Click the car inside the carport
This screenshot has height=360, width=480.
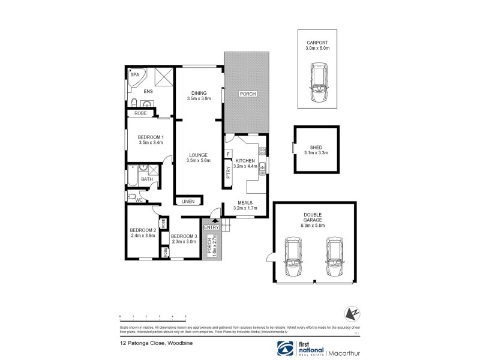click(x=317, y=84)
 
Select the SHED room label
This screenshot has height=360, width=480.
click(x=316, y=148)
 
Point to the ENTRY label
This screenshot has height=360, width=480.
click(x=211, y=227)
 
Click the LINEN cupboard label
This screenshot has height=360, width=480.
click(x=188, y=202)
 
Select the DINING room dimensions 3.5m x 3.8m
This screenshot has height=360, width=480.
click(x=199, y=100)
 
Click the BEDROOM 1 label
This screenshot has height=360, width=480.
click(x=151, y=137)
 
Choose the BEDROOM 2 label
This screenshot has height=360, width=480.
click(x=143, y=230)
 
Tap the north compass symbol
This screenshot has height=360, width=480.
click(x=352, y=313)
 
